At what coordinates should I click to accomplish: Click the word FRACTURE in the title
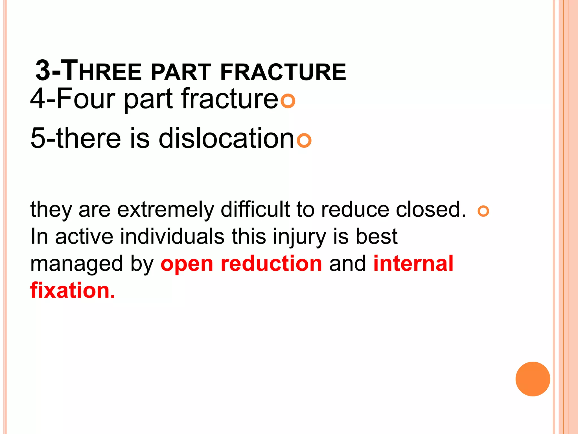pos(283,72)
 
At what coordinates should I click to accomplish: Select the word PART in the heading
pos(181,72)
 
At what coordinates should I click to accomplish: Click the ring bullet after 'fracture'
pos(288,101)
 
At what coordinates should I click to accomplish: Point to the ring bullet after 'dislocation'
pos(304,140)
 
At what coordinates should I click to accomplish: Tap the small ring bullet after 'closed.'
pos(483,211)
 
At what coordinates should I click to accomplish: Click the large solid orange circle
pos(533,379)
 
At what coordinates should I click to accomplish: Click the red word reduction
pos(271,263)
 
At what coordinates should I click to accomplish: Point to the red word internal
pos(413,263)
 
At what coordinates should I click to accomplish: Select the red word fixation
pos(73,290)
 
